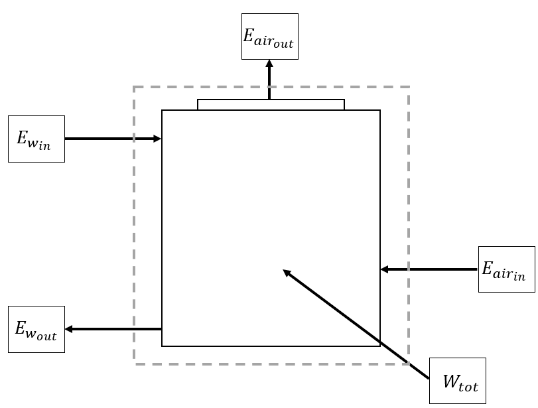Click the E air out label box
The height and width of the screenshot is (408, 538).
269,36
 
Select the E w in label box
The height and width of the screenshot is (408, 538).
36,139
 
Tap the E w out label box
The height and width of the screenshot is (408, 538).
36,329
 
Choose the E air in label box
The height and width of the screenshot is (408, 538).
506,269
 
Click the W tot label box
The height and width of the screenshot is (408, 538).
458,381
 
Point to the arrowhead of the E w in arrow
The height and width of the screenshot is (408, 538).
157,139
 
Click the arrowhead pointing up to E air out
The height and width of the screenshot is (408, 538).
269,64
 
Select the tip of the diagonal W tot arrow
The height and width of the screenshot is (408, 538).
285,271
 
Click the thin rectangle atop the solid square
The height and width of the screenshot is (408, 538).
271,105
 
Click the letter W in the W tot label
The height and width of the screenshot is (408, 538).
450,381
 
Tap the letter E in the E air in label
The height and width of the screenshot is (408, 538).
488,268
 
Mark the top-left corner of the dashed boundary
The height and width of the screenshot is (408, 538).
134,87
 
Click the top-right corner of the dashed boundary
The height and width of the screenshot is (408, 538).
409,87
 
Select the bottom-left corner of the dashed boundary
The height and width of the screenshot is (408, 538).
134,364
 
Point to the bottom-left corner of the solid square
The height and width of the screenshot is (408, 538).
163,346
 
